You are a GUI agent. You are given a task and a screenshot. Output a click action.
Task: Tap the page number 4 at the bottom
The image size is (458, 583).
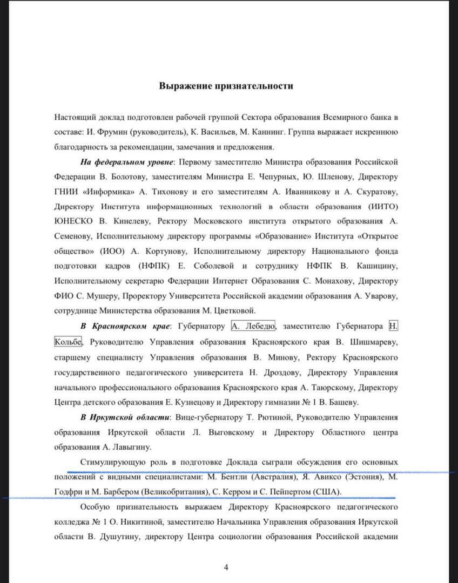click(226, 567)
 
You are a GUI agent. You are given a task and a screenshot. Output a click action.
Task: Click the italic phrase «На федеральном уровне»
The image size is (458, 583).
click(127, 162)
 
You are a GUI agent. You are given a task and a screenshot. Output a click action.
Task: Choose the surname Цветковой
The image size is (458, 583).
click(234, 311)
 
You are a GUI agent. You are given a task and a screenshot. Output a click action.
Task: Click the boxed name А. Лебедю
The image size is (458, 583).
click(253, 326)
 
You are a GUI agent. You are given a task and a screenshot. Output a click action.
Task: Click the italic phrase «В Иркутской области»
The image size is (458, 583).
click(124, 417)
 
